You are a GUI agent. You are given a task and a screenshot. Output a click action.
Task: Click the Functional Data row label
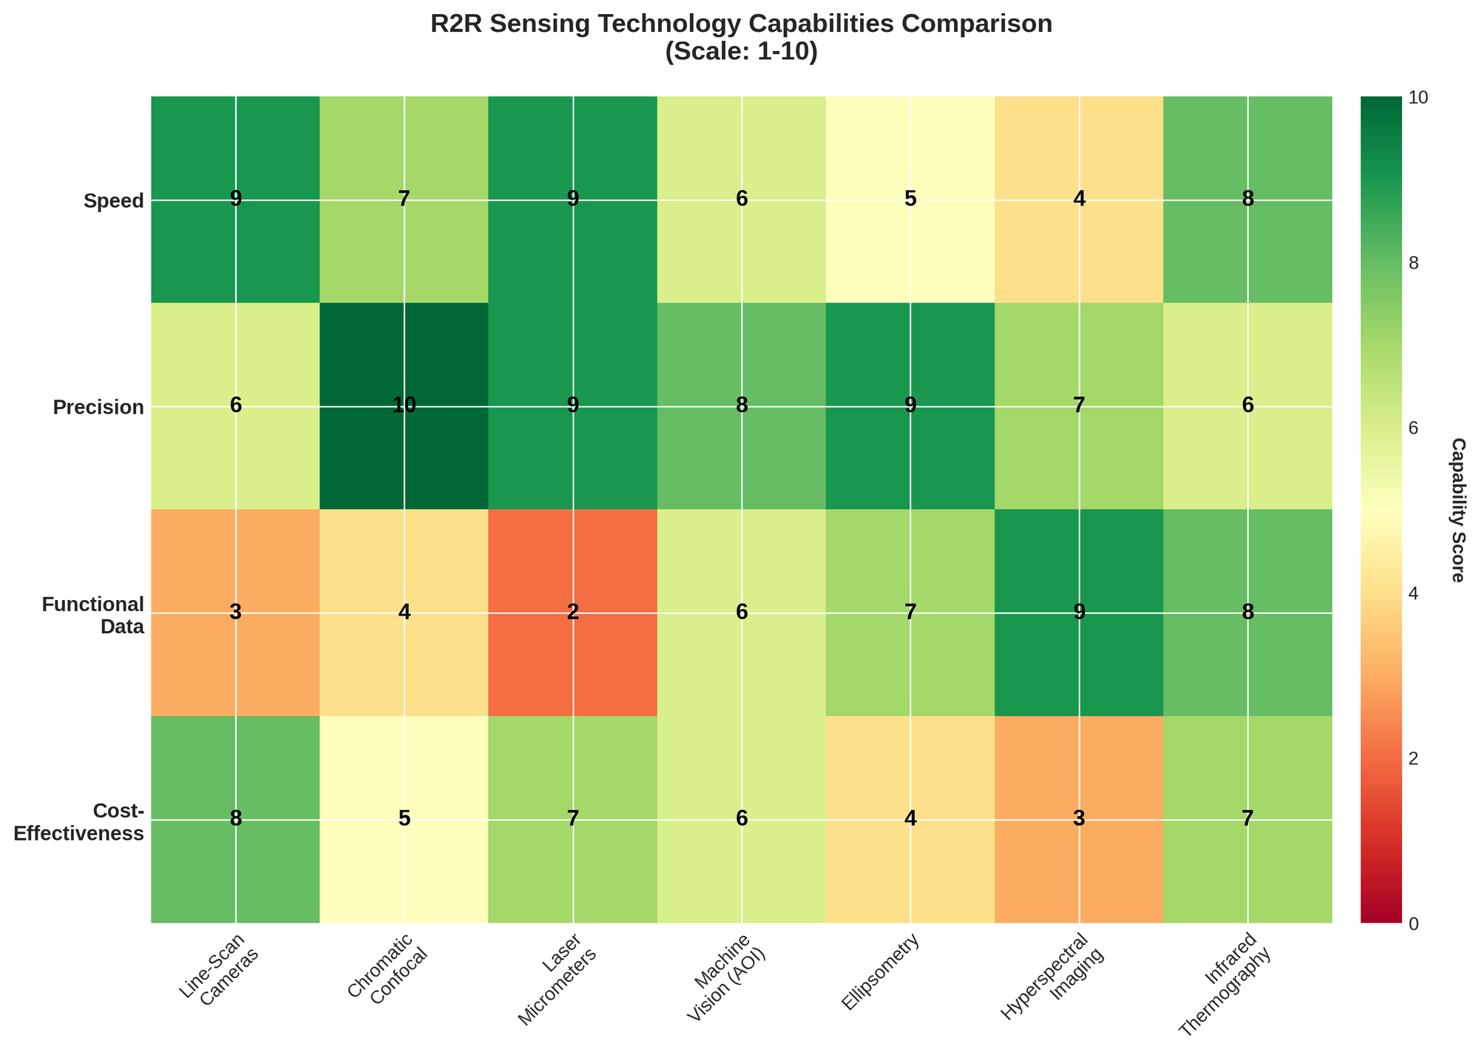[93, 614]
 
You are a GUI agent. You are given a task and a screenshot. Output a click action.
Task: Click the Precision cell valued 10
[405, 406]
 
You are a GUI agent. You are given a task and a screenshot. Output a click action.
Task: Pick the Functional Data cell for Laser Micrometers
[573, 613]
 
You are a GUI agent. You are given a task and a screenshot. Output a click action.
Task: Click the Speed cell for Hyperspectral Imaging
[1079, 200]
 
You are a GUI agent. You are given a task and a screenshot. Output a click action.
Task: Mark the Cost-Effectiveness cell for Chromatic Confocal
[405, 820]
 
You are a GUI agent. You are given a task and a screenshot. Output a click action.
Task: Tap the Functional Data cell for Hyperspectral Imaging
[1079, 613]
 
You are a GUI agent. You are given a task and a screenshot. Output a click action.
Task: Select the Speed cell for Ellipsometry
[910, 200]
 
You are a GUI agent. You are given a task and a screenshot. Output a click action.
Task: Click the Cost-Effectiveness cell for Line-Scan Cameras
[236, 820]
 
